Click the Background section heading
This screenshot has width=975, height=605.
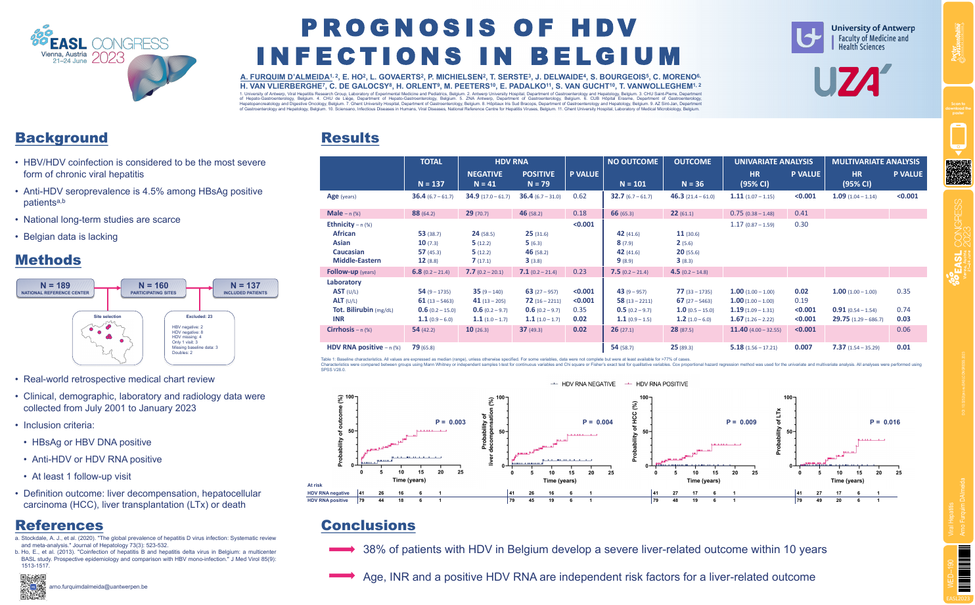[61, 138]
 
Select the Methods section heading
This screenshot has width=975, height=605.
[48, 260]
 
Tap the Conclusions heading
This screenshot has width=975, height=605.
[368, 526]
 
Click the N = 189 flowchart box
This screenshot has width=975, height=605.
[55, 288]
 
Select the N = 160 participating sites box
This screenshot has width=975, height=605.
[153, 288]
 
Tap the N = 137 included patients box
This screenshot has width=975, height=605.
[245, 288]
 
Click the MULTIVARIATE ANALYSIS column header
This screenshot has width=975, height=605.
[875, 162]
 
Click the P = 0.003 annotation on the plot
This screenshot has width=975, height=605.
[450, 422]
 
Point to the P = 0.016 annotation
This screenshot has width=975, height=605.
[884, 422]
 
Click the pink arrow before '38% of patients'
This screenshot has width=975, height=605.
[342, 549]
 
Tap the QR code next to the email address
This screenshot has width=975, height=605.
[33, 587]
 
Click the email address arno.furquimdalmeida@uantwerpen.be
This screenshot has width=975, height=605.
[99, 587]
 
